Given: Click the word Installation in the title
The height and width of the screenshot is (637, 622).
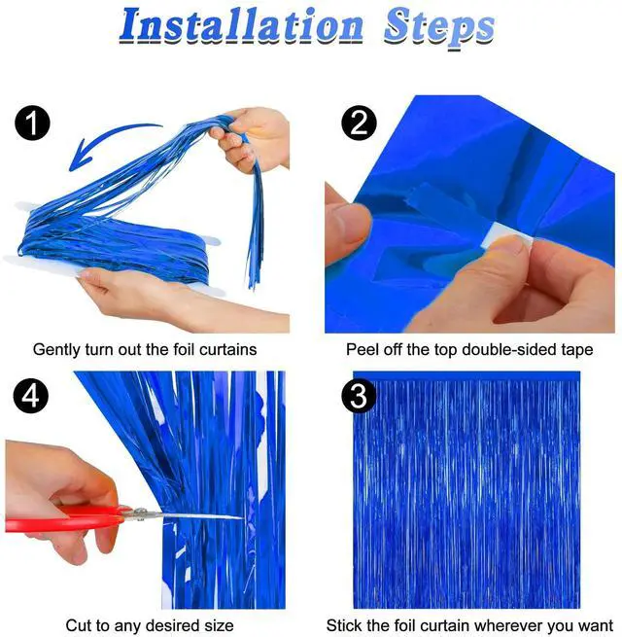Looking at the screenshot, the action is [x=241, y=25].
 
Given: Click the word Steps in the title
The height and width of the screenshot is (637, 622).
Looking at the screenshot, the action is [x=439, y=27].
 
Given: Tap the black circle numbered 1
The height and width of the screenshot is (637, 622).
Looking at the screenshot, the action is [x=32, y=124].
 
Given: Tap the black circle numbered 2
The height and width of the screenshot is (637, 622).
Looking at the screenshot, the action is [x=359, y=123].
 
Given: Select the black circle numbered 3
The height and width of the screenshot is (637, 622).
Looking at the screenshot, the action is [x=359, y=395].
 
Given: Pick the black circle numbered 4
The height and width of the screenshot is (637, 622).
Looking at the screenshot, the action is [x=31, y=396].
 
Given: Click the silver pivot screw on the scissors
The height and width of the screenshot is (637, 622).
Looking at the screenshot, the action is [x=141, y=513].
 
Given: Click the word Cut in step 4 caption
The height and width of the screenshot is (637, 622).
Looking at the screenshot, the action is [x=78, y=625].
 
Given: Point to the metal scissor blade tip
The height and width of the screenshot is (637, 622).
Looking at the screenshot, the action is [x=243, y=517].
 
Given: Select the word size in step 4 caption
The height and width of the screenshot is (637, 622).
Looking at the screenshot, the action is [x=220, y=625].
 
